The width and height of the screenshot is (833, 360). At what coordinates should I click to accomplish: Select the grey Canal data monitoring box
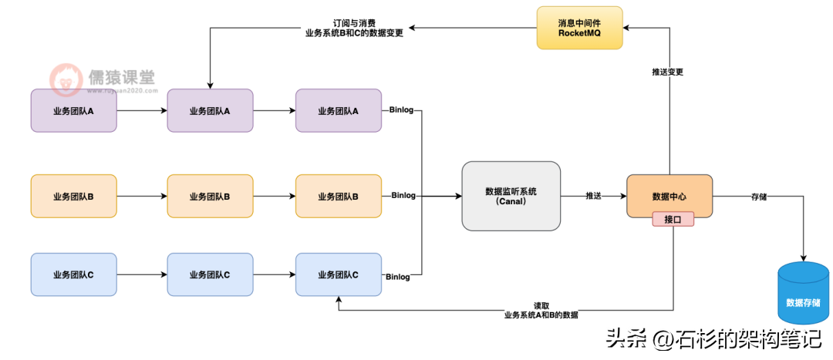click(511, 196)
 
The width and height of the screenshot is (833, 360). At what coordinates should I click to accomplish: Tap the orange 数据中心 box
click(669, 196)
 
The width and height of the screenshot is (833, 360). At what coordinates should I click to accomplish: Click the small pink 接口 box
click(673, 219)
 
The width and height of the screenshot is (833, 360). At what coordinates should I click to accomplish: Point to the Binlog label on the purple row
click(401, 110)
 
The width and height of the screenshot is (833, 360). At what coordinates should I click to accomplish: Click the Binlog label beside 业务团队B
click(403, 196)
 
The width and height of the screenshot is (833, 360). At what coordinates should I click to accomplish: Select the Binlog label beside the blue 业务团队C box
click(398, 276)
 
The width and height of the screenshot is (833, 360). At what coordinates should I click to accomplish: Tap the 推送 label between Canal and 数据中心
click(593, 196)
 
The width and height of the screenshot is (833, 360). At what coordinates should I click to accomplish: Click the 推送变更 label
click(668, 72)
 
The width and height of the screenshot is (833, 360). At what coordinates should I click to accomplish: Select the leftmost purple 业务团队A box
click(73, 111)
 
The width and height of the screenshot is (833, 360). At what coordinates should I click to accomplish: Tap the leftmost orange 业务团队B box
click(73, 197)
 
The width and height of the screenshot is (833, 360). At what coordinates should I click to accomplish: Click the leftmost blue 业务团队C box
click(73, 274)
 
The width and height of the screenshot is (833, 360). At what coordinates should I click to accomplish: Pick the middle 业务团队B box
click(210, 197)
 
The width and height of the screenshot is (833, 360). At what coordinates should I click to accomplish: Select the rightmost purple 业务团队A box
click(338, 111)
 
